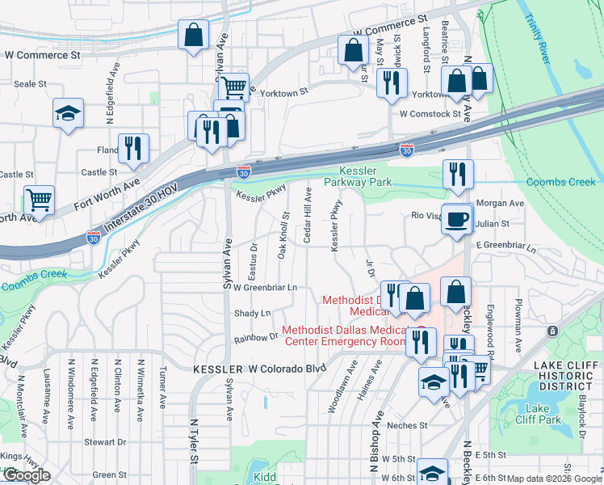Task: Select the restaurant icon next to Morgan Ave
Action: coord(458,174)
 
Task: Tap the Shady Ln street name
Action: coord(252,313)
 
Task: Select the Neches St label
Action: coord(406,425)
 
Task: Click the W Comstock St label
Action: coord(430,114)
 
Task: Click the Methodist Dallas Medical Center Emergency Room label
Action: coord(344,336)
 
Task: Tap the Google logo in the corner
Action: coord(26,476)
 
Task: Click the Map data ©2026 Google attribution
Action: coord(554,479)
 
